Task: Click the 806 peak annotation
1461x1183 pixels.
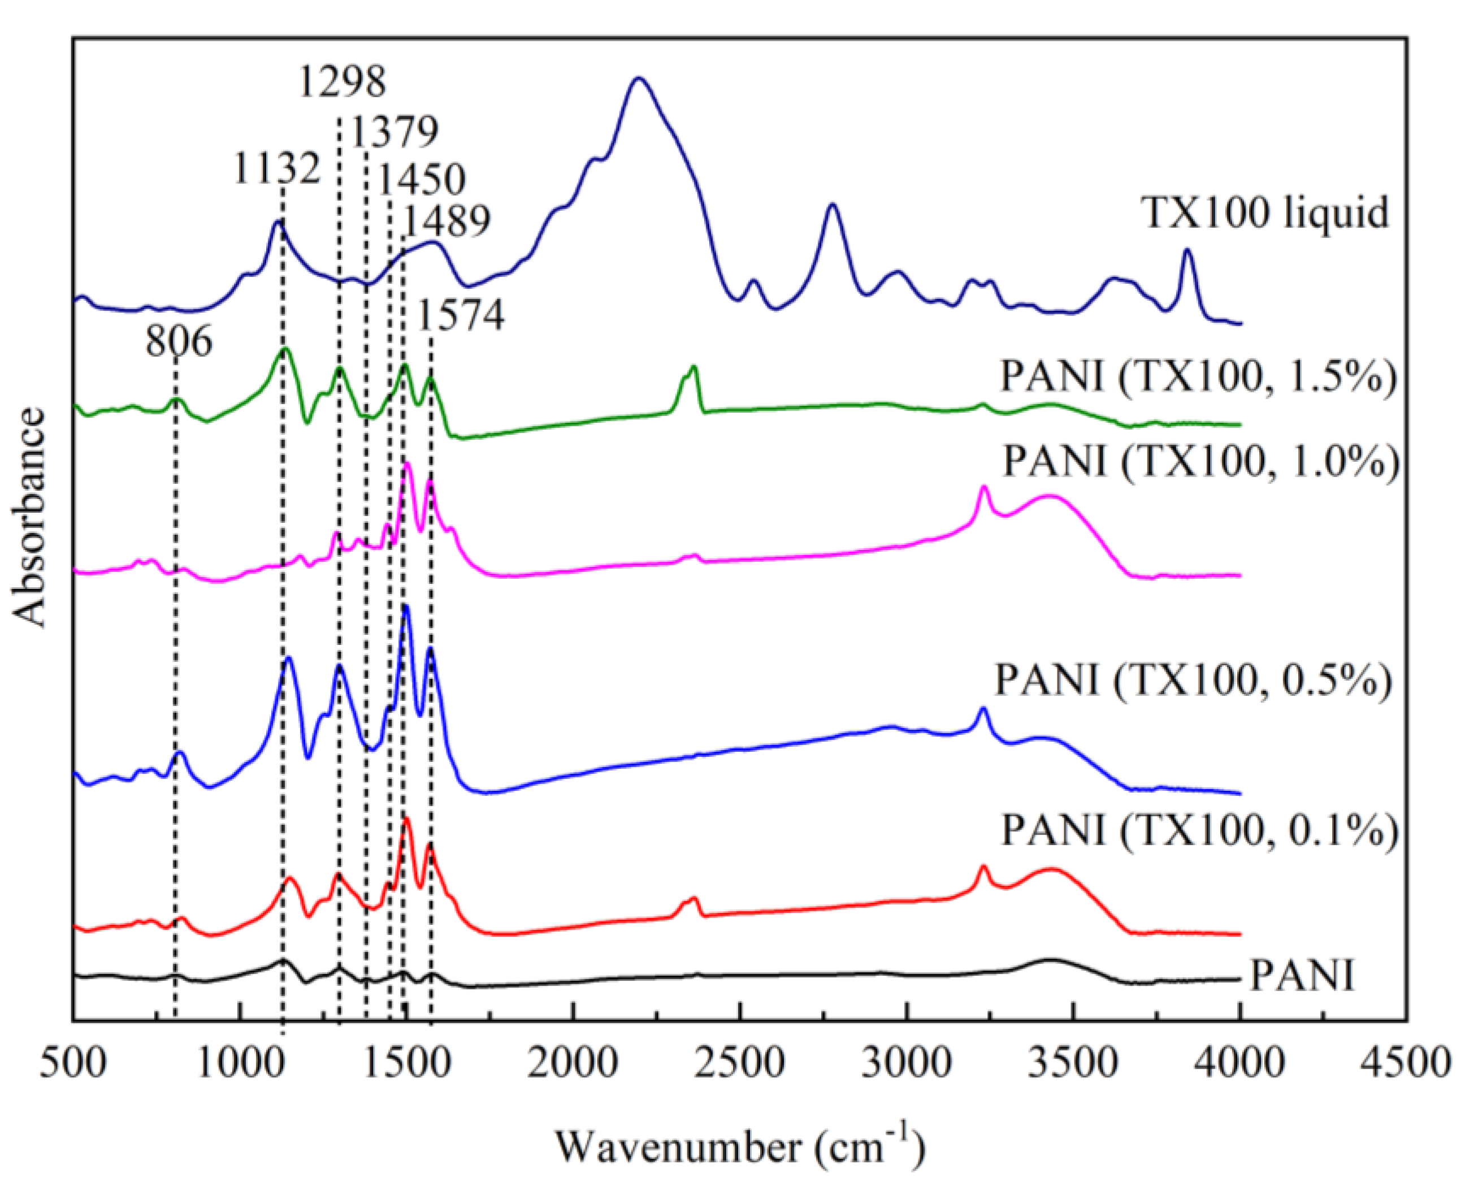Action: pos(179,341)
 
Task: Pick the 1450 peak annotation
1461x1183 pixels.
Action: pos(421,179)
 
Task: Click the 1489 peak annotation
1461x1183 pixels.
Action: pos(446,221)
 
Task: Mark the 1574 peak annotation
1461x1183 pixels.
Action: pos(461,315)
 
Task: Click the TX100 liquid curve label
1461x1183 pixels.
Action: pos(1265,212)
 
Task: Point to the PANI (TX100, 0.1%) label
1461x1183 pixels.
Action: pos(1199,829)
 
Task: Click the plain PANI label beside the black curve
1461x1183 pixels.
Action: pos(1302,975)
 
